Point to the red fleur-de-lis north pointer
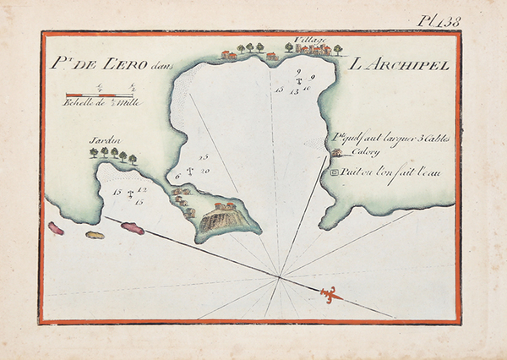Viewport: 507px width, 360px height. [329, 293]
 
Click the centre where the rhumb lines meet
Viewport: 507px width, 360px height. [280, 275]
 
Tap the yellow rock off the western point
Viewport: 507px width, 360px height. [95, 234]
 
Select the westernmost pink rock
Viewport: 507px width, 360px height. [57, 228]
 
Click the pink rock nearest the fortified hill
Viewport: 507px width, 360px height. [133, 227]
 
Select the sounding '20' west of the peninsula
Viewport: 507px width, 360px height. [206, 171]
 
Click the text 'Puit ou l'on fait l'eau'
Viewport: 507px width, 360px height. [393, 173]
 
